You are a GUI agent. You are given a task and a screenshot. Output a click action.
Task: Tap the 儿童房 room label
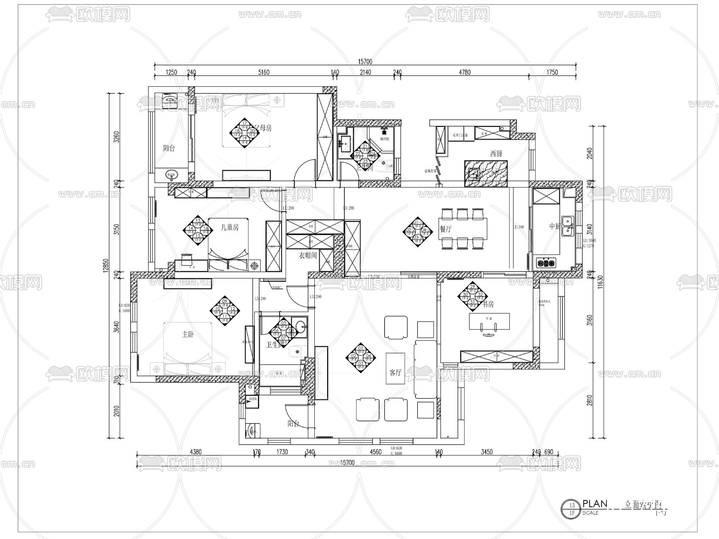[x=230, y=227]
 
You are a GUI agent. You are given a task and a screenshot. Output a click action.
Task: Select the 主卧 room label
[x=187, y=334]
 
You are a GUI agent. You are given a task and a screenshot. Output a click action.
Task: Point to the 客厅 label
[x=395, y=372]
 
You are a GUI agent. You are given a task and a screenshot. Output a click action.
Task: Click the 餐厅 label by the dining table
[x=445, y=229]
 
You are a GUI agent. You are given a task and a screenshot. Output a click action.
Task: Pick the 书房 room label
[x=488, y=304]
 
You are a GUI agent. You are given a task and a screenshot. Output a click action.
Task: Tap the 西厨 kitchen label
[x=496, y=153]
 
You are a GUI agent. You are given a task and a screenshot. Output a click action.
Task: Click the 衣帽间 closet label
[x=308, y=255]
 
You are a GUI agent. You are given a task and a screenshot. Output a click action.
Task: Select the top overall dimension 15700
[x=365, y=62]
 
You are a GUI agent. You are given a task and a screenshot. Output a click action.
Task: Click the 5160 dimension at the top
[x=264, y=72]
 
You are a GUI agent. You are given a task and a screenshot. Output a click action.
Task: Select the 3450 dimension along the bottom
[x=487, y=452]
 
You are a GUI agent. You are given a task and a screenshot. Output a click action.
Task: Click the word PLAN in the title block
[x=595, y=503]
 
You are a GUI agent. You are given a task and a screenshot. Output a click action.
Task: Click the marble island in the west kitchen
[x=486, y=173]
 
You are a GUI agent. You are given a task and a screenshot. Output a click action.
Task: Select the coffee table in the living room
[x=395, y=368]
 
